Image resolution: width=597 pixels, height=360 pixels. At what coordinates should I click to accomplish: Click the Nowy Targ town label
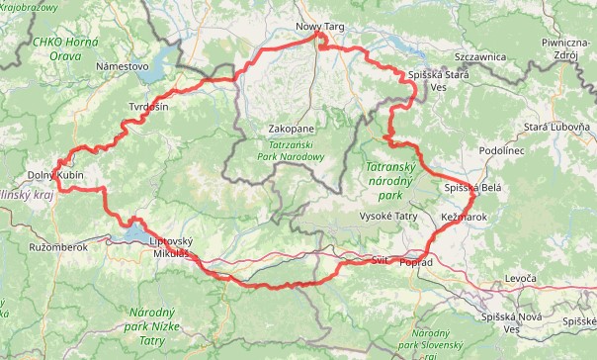point(318,26)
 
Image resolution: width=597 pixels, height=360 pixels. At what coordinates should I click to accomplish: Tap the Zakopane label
point(291,130)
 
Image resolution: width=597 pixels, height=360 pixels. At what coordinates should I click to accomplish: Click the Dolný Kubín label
point(55,175)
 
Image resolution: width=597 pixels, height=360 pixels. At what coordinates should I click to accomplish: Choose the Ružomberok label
point(59,246)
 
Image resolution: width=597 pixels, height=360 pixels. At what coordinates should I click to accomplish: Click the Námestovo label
point(123,67)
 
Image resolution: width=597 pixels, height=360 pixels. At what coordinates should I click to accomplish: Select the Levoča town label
point(520,281)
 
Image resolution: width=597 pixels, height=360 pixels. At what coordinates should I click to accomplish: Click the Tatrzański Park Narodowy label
point(290,150)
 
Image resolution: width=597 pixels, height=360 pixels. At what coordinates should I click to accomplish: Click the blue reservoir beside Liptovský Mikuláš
point(133,232)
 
